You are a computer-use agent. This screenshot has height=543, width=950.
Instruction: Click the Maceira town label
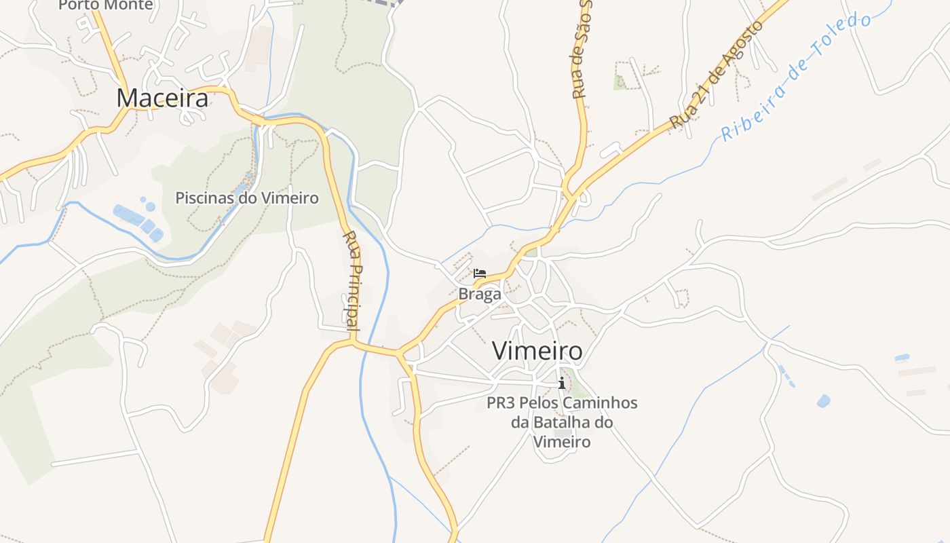click(162, 98)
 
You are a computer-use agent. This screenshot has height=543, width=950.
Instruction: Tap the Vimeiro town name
click(537, 351)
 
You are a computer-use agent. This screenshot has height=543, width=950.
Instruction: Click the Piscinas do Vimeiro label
click(247, 198)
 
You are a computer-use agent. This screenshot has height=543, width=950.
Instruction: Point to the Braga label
click(480, 294)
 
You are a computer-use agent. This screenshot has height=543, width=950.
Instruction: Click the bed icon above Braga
click(480, 274)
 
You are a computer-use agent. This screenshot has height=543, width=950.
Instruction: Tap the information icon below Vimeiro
click(561, 383)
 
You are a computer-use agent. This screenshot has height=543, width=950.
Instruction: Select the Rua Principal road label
click(352, 280)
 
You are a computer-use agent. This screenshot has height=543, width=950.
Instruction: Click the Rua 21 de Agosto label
click(717, 75)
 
